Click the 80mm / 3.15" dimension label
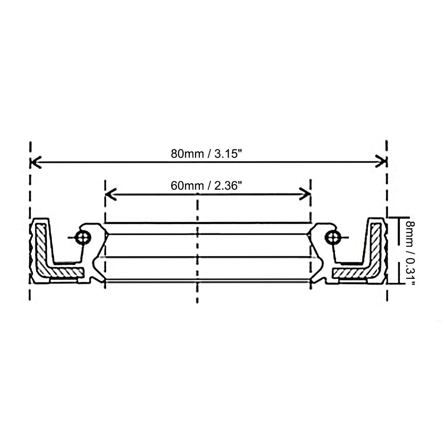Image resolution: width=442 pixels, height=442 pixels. (207, 154)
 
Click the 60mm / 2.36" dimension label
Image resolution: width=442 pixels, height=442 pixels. (207, 186)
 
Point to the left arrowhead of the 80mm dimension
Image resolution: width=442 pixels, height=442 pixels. (36, 162)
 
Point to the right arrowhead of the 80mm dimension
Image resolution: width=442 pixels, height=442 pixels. (381, 162)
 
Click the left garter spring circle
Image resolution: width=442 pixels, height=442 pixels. (83, 237)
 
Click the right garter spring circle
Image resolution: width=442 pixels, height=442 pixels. (333, 237)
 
